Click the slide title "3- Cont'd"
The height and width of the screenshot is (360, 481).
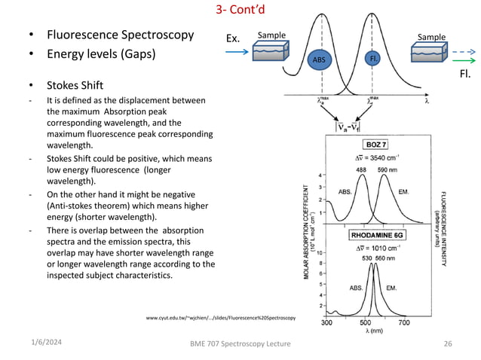(240, 11)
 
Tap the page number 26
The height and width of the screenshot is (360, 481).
(449, 344)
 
